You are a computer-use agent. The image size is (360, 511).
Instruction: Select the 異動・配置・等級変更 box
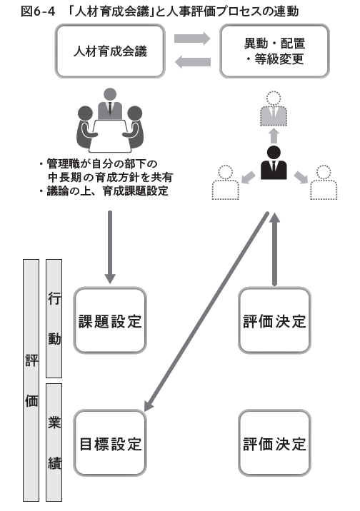(274, 51)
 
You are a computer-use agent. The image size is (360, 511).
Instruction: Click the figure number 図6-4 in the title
(24, 11)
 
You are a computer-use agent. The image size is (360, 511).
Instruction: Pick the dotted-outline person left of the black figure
(225, 183)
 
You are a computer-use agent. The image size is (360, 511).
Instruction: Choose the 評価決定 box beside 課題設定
(274, 321)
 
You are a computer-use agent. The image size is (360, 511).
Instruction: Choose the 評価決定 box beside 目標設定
(274, 443)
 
